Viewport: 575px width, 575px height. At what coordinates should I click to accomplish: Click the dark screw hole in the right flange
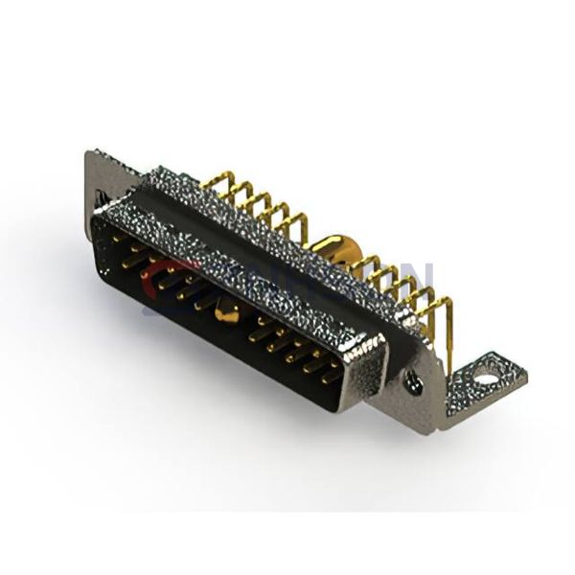coord(414,381)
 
